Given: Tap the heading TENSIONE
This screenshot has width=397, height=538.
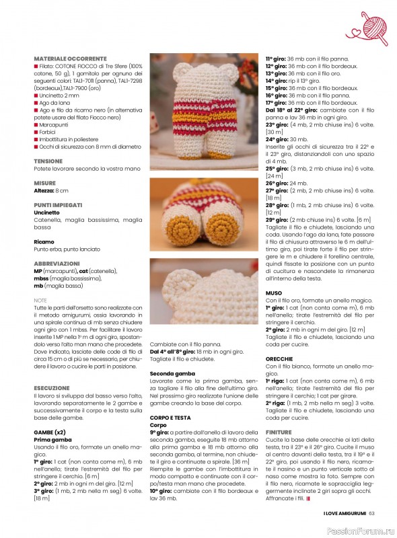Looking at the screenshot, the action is [x=48, y=161].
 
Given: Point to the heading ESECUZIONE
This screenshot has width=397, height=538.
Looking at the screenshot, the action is [x=52, y=388].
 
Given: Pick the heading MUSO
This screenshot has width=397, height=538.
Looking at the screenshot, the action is [x=274, y=293].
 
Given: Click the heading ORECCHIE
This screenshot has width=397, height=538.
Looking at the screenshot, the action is [x=279, y=359].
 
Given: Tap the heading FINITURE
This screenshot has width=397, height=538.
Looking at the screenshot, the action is [x=279, y=432].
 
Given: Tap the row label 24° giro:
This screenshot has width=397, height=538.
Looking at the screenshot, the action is [x=280, y=139].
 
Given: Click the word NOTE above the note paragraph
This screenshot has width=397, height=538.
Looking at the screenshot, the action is [x=40, y=301].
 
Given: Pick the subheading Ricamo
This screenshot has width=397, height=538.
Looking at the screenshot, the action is [x=44, y=241].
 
